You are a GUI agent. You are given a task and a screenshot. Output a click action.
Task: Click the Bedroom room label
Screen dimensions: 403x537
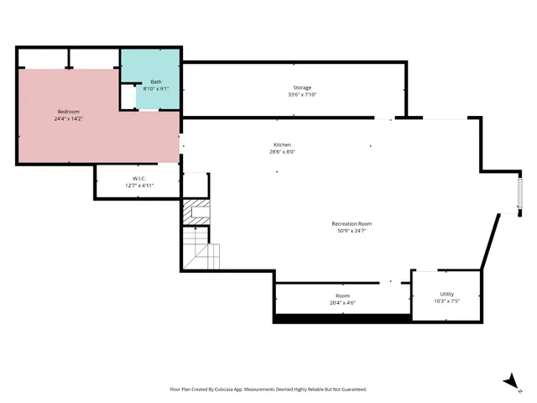click(x=68, y=112)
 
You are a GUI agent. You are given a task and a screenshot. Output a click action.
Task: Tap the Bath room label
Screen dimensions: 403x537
click(x=156, y=81)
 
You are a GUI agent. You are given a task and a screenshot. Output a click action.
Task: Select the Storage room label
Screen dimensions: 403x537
click(x=302, y=87)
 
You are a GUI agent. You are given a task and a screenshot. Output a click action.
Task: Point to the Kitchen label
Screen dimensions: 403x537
click(x=282, y=144)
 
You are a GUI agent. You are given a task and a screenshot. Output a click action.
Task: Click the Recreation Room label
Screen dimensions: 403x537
click(x=352, y=223)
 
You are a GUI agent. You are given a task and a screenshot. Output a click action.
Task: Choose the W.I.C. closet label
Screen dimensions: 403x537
click(x=139, y=178)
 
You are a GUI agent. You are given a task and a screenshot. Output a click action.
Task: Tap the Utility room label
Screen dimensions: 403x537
click(x=446, y=294)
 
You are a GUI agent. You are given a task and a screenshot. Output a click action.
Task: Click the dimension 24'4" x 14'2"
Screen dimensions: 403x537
click(x=68, y=118)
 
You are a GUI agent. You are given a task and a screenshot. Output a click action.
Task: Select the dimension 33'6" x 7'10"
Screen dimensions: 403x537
click(x=302, y=95)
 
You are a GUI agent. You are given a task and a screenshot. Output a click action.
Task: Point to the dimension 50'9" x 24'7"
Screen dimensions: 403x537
click(x=352, y=231)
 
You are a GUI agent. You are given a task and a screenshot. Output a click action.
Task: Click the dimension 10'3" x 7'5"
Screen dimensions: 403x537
click(x=446, y=301)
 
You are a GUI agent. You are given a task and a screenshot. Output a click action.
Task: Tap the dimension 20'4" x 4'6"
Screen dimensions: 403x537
click(x=342, y=303)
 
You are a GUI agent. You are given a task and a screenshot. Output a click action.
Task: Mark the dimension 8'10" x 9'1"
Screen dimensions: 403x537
click(x=156, y=88)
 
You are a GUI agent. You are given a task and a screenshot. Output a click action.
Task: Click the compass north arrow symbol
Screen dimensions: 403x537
click(x=509, y=382)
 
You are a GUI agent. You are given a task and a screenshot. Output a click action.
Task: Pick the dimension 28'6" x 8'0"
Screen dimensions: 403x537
click(x=282, y=152)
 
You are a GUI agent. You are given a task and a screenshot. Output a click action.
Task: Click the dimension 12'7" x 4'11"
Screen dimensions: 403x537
click(x=139, y=185)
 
